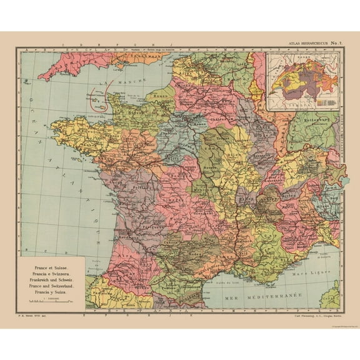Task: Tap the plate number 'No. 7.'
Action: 331,42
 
